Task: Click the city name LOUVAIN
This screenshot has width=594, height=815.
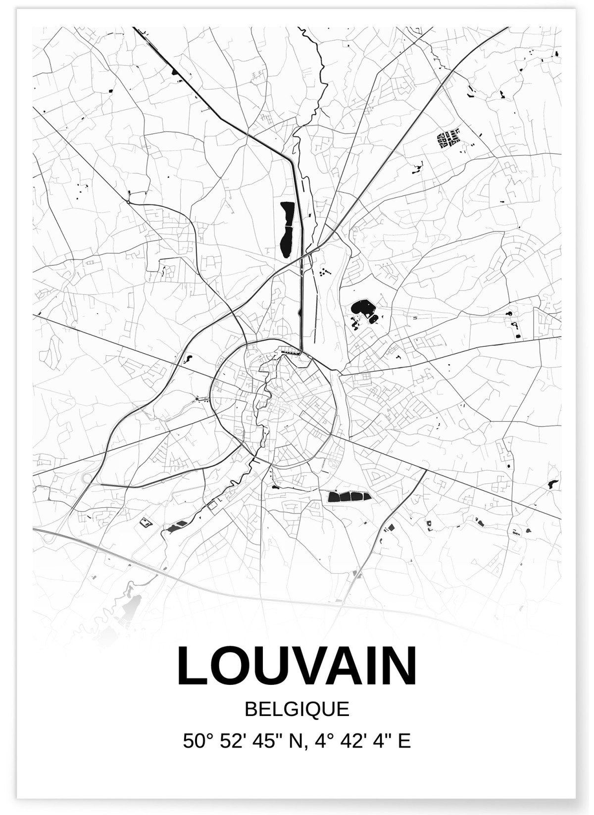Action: pyautogui.click(x=297, y=666)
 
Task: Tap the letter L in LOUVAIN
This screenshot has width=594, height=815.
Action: pyautogui.click(x=191, y=666)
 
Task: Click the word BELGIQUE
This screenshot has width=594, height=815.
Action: pyautogui.click(x=297, y=709)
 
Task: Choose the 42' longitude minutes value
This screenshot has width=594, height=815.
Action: pyautogui.click(x=348, y=741)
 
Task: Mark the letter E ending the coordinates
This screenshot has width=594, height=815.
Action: pyautogui.click(x=405, y=741)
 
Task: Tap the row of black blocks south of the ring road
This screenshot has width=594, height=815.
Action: pyautogui.click(x=349, y=496)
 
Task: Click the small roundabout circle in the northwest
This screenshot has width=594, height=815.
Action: pyautogui.click(x=128, y=202)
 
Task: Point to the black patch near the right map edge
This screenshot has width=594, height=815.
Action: pyautogui.click(x=552, y=484)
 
